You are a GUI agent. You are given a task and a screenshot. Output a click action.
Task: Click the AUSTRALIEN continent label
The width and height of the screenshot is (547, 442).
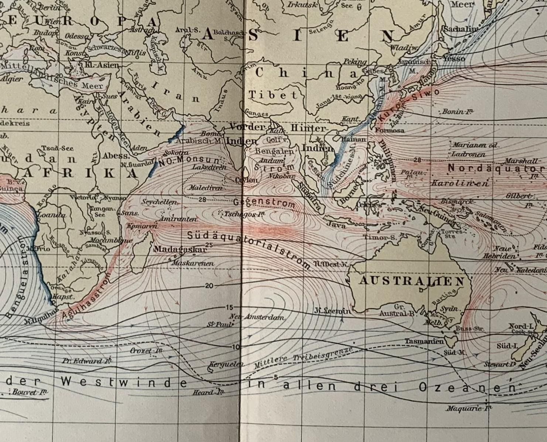coord(411,281)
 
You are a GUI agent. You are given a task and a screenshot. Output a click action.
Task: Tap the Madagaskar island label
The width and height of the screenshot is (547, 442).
coord(180,249)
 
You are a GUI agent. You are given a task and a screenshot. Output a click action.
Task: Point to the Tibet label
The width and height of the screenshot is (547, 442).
coord(273,95)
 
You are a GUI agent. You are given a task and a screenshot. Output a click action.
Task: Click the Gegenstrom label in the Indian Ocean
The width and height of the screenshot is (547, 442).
coord(264,203)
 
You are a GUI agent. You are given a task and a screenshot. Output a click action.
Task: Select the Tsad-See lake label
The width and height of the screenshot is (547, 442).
coord(57,148)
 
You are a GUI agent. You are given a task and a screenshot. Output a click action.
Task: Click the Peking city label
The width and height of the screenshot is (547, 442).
coord(355,62)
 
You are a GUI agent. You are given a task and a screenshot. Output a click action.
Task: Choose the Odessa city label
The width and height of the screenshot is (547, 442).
coord(77,36)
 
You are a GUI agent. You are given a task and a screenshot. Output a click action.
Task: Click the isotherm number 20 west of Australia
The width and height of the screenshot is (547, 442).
coord(209,286)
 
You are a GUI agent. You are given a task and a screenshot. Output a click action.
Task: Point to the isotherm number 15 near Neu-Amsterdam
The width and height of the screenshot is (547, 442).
coord(229,308)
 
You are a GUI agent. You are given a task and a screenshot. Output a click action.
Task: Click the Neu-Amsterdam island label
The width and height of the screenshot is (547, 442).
coord(256,317)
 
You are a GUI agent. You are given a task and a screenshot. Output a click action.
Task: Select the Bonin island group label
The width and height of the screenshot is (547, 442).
coord(457,111)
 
